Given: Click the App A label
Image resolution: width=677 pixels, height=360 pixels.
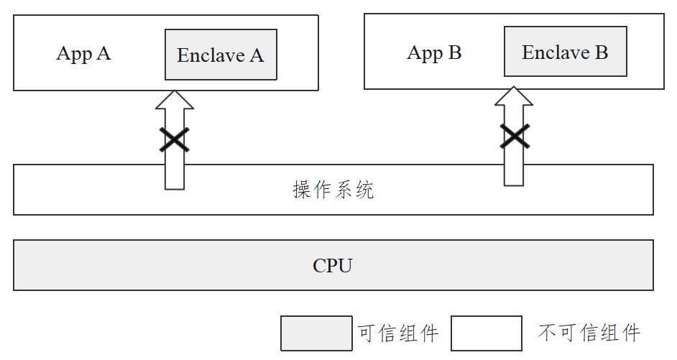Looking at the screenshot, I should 83,54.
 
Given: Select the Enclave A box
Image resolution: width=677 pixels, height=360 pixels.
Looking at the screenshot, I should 221,55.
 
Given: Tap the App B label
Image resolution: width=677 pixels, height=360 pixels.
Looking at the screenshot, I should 434,52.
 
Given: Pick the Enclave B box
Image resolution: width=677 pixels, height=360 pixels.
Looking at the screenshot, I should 565,51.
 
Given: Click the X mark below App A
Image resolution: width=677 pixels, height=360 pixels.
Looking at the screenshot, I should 174,139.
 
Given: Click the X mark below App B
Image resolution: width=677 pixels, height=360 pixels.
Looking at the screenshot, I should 514,135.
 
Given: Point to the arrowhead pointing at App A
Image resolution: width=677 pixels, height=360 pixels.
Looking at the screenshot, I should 174,101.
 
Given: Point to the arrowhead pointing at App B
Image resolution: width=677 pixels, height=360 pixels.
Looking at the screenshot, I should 514,97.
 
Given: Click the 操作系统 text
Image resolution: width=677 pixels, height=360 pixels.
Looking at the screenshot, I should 333,190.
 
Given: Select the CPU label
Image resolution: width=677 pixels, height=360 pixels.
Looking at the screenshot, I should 333,266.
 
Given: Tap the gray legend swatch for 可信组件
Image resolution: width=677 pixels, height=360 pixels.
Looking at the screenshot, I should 316,333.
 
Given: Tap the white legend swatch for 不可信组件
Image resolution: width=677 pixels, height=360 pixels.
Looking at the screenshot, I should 486,333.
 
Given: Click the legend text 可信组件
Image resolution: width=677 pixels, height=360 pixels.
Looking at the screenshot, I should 397,333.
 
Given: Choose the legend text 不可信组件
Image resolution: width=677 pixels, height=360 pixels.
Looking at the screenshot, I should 589,333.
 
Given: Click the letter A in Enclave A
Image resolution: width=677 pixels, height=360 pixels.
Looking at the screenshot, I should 257,55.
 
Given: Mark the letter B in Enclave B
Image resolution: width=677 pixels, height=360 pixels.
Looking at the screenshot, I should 601,52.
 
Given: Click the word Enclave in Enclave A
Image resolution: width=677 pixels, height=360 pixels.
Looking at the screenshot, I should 210,55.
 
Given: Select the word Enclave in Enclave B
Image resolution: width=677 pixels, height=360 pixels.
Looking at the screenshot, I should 555,52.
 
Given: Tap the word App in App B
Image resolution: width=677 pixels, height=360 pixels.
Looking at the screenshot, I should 423,53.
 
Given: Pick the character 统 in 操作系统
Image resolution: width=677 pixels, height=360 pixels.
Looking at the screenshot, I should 364,190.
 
